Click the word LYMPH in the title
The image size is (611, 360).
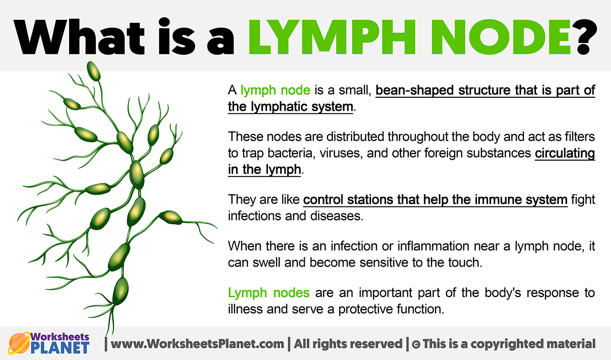[332, 37]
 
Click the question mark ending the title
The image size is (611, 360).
[584, 37]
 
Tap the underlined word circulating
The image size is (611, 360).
[565, 153]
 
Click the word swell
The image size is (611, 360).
[266, 262]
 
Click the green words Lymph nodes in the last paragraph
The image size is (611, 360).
[268, 293]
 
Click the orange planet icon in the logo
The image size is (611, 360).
[19, 343]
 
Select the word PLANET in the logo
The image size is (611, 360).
[60, 347]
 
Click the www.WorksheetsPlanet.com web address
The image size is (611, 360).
[197, 344]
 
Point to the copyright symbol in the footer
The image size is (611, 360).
[416, 344]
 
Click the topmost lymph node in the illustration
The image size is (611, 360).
[93, 71]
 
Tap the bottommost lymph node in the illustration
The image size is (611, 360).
[120, 291]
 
